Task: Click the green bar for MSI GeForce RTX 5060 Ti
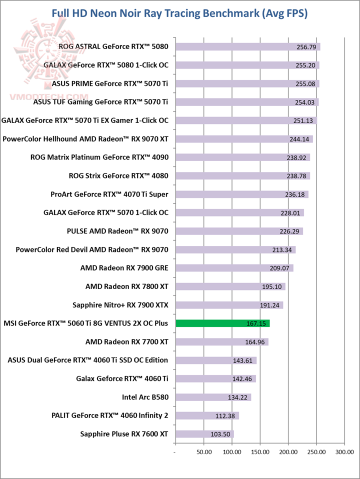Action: coord(222,323)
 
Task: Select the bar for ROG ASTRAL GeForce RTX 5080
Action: coord(247,47)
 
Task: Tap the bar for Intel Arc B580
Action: coord(213,397)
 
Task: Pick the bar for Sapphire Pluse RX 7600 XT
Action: coord(204,434)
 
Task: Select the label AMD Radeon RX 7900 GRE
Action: coord(124,268)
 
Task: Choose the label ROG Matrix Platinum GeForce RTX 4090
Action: coord(99,157)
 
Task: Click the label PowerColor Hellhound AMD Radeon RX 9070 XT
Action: coord(85,139)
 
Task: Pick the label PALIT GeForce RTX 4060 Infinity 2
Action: coord(109,416)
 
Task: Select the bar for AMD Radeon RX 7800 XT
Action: coord(230,287)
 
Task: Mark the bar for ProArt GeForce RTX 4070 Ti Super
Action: coord(241,194)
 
